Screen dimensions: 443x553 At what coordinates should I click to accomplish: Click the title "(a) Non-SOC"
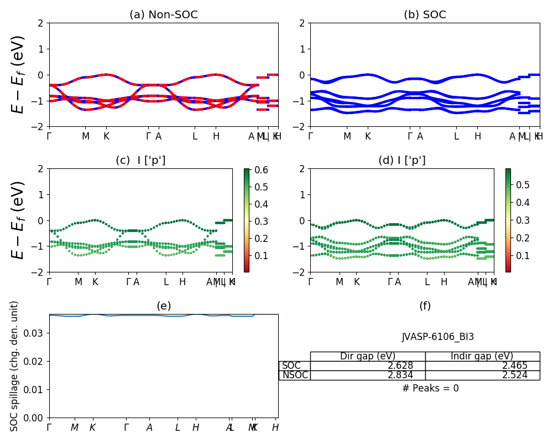tap(163, 15)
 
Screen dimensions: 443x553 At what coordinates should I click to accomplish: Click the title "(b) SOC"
tap(425, 15)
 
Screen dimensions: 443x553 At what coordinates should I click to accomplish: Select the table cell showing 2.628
tap(368, 365)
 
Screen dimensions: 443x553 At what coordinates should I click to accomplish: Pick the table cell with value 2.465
tap(482, 365)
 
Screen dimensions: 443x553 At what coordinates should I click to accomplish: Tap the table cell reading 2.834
tap(368, 375)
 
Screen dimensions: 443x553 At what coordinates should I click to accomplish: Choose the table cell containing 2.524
tap(482, 375)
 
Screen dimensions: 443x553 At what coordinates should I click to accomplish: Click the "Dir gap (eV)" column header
tap(368, 356)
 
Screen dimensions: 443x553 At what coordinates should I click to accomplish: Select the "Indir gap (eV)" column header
tap(482, 356)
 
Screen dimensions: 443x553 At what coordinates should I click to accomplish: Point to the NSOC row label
tap(295, 375)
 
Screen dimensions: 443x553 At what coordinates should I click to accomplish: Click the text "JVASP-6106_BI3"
tap(437, 337)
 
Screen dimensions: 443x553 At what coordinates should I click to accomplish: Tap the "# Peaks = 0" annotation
tap(430, 388)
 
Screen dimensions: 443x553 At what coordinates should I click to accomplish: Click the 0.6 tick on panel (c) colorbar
tap(261, 170)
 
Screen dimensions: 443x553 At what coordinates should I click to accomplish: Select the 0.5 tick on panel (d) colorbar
tap(522, 184)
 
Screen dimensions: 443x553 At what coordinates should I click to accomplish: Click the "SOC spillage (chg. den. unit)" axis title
tap(15, 366)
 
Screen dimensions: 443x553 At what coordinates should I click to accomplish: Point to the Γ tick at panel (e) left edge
tap(49, 427)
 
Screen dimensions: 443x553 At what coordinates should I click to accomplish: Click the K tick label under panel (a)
tap(106, 136)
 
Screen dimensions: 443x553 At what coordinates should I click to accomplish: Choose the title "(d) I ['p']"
tap(402, 161)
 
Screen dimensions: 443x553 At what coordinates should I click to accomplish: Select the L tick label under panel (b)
tap(456, 136)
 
